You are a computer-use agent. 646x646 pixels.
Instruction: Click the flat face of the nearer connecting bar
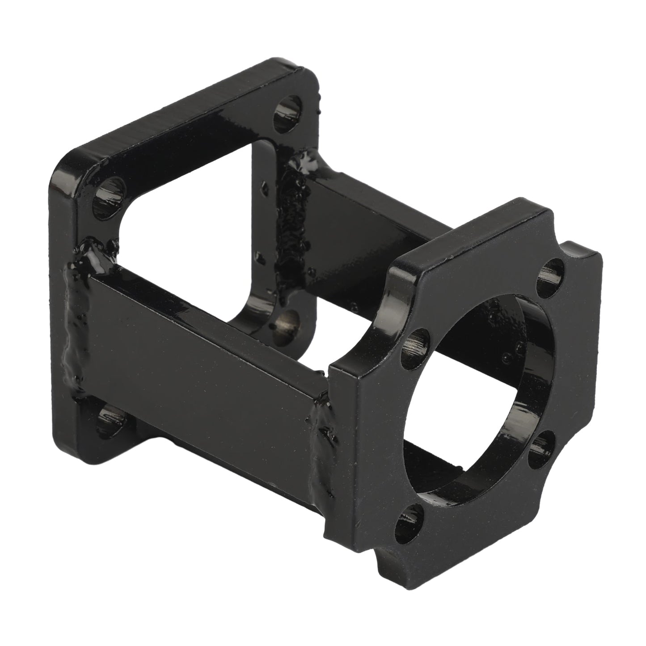coord(197,353)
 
